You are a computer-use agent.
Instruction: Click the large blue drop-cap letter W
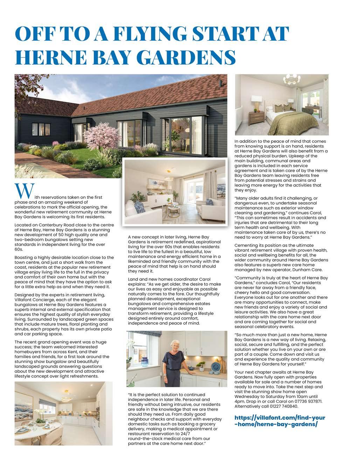(x=24, y=191)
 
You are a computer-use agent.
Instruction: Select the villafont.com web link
(x=279, y=421)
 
